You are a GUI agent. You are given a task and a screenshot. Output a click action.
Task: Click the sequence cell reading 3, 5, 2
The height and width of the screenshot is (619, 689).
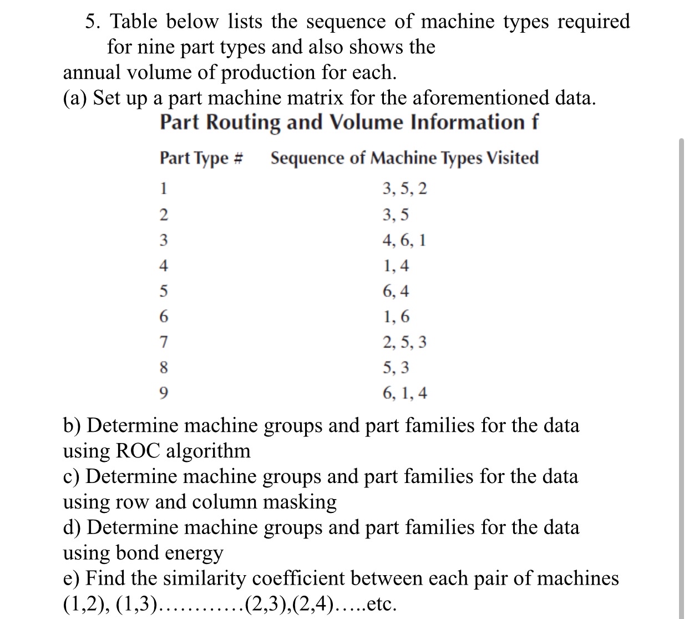click(405, 189)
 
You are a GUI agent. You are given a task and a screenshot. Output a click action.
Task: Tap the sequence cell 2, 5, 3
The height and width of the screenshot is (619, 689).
click(405, 343)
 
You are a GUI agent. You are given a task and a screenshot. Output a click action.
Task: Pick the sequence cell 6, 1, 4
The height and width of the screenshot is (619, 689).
click(405, 394)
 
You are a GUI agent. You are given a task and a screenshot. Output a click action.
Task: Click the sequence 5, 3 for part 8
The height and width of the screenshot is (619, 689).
click(396, 368)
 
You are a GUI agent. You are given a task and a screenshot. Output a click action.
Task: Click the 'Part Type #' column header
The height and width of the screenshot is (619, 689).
click(202, 158)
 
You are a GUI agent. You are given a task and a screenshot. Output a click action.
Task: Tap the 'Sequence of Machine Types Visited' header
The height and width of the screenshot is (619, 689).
click(404, 158)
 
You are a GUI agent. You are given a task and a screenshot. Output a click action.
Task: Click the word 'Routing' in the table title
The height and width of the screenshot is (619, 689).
click(243, 122)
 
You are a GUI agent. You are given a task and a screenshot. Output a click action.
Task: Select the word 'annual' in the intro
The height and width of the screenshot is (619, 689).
click(92, 72)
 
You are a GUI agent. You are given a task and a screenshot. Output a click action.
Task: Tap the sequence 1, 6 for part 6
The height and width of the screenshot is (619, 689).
click(396, 317)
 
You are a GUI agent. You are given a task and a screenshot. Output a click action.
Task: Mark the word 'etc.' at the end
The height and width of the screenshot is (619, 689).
click(382, 604)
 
